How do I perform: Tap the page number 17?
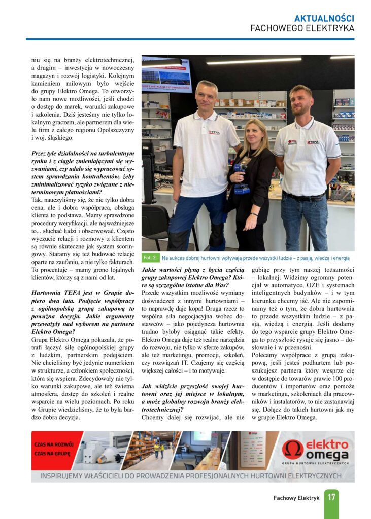(331, 497)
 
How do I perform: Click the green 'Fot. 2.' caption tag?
(150, 258)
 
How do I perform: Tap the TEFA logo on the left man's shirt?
(214, 132)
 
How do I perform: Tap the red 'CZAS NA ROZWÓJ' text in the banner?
(54, 444)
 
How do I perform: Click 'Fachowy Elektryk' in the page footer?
(296, 498)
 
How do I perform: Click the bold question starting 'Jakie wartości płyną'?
(193, 277)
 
